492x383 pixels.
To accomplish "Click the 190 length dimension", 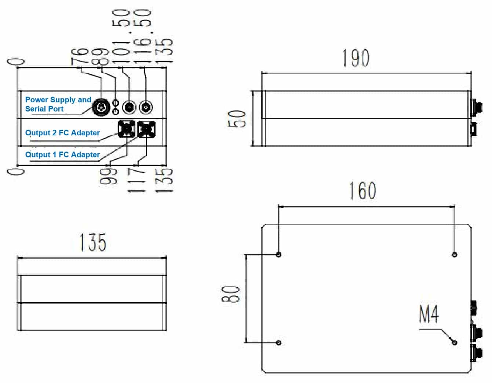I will tap(356, 58).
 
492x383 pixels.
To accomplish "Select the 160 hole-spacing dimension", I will tap(362, 191).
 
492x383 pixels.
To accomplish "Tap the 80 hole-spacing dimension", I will tap(231, 295).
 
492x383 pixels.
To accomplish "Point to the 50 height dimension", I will tap(237, 118).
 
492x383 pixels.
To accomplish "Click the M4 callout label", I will tap(429, 314).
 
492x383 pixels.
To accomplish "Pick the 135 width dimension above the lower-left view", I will tap(93, 242).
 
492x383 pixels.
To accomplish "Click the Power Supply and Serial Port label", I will tap(58, 104).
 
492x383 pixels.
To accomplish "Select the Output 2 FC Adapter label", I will tap(62, 133).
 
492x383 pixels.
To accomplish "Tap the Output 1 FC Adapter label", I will tap(62, 154).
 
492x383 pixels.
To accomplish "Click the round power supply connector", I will tap(101, 107).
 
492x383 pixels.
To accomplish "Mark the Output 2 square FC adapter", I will tap(127, 129).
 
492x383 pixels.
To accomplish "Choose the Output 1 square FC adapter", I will tap(146, 129).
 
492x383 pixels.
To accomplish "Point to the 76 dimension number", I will tap(80, 56).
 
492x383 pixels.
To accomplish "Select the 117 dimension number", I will tap(136, 180).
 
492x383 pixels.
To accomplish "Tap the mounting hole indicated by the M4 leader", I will tap(455, 343).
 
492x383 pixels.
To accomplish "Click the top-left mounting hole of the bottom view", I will tap(278, 255).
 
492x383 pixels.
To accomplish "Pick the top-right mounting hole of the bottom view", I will tap(455, 255).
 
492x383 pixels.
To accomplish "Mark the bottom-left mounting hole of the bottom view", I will tap(278, 343).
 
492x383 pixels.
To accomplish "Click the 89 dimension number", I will tap(99, 56).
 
